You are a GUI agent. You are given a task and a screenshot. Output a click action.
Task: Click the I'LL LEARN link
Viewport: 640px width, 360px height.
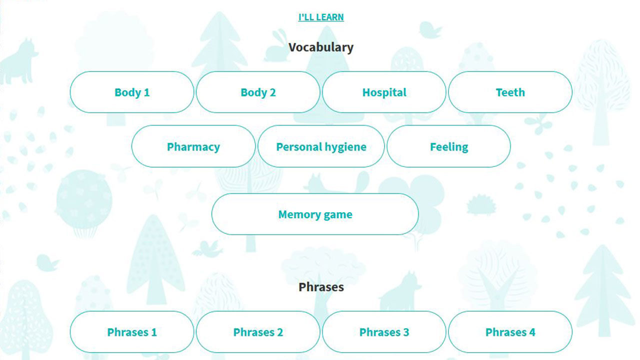[321, 17]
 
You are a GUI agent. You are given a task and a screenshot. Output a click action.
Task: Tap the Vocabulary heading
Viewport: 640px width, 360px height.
[321, 47]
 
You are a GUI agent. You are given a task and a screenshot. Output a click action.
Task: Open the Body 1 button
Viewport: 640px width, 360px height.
[132, 92]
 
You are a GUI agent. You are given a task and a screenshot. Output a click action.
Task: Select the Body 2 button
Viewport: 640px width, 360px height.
[258, 92]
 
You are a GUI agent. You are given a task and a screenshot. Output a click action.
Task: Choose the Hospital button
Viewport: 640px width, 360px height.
[384, 92]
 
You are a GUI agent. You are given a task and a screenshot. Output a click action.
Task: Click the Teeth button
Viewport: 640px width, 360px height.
[510, 92]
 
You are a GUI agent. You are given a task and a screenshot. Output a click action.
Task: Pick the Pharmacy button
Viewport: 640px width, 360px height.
[193, 146]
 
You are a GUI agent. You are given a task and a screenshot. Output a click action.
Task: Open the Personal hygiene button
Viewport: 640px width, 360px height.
[321, 146]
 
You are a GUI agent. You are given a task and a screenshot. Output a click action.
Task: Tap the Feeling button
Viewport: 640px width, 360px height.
[449, 146]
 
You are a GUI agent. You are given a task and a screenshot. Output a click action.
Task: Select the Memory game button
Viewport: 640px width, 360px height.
[315, 214]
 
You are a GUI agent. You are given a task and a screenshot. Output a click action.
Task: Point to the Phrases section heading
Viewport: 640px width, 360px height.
[321, 287]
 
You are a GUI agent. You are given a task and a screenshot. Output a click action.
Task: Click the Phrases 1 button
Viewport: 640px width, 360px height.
[132, 332]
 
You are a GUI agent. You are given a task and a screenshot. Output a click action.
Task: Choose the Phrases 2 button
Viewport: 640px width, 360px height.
[258, 332]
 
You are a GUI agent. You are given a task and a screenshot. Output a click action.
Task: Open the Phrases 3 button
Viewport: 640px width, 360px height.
[384, 332]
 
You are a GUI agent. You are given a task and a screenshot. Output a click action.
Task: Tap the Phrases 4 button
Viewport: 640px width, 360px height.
[510, 332]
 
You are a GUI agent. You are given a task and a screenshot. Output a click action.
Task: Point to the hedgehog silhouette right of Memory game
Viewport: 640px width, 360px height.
[481, 204]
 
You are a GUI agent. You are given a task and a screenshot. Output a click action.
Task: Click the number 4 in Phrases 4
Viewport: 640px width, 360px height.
[532, 332]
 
